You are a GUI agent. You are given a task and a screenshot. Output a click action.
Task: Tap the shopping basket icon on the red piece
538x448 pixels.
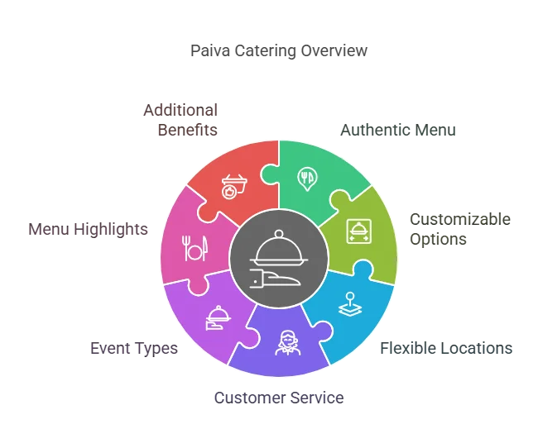tap(233, 183)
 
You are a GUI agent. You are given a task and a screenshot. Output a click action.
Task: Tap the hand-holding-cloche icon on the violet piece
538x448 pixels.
tap(217, 316)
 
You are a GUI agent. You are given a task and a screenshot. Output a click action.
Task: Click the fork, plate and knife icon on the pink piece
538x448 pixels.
tap(195, 247)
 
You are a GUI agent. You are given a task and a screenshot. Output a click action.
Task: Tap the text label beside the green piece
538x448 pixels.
tap(396, 130)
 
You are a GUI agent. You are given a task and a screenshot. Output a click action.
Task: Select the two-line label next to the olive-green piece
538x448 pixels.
tap(460, 227)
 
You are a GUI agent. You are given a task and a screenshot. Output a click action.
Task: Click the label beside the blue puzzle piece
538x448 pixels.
tap(447, 349)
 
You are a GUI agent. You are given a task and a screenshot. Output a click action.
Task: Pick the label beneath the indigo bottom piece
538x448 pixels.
tap(277, 398)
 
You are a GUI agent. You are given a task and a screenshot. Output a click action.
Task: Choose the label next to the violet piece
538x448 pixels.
tap(132, 349)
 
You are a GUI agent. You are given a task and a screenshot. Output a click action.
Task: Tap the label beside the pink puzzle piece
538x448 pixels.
tap(89, 228)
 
